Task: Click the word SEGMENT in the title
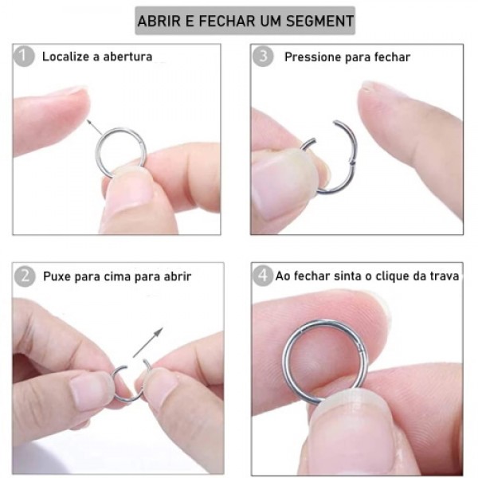click(x=319, y=21)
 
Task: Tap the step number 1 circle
click(x=24, y=57)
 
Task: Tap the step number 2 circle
click(x=25, y=276)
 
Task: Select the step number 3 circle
click(x=263, y=57)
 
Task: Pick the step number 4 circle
click(x=263, y=276)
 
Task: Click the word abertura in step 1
click(x=127, y=57)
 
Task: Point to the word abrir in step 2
click(x=178, y=276)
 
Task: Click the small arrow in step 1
click(x=94, y=127)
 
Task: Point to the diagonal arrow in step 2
click(x=148, y=342)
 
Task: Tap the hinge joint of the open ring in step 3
click(x=352, y=162)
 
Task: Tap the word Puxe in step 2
click(x=57, y=276)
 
